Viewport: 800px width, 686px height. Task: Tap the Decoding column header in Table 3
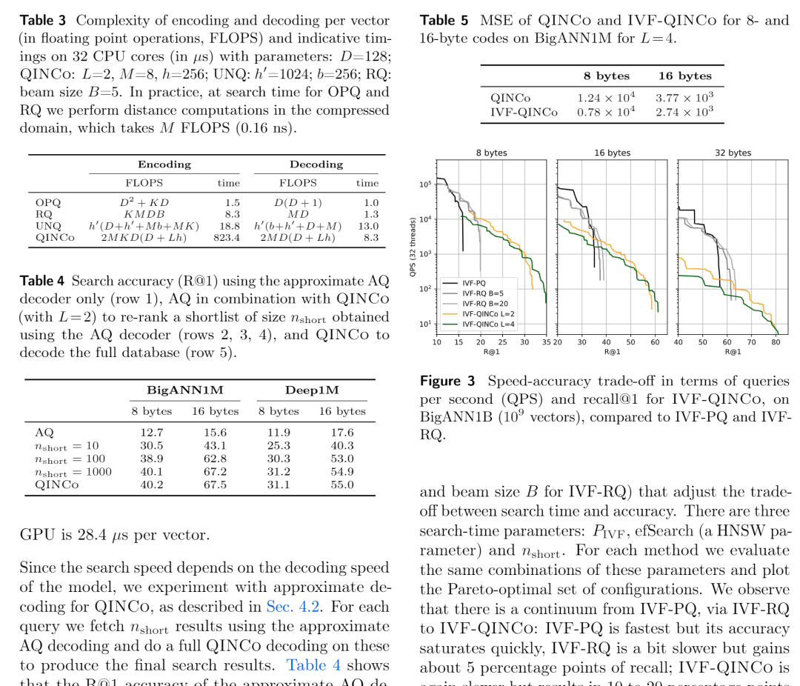[x=316, y=164]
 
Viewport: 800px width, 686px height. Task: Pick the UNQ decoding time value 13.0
[x=368, y=226]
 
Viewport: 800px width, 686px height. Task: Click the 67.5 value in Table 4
[x=215, y=484]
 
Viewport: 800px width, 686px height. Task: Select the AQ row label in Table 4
[x=44, y=433]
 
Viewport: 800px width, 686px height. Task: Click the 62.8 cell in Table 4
[x=215, y=459]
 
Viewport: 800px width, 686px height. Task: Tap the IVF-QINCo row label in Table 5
[x=524, y=111]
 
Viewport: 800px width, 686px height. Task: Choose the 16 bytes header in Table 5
[x=684, y=76]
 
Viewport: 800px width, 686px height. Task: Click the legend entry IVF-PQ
[x=474, y=283]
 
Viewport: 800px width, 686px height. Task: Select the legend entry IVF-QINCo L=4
[x=488, y=324]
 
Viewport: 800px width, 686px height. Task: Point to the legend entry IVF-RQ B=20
[x=485, y=304]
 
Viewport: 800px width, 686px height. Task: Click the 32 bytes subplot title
[x=733, y=153]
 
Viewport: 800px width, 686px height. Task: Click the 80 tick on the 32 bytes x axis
[x=775, y=342]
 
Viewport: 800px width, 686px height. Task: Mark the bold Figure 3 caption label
[x=447, y=382]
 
